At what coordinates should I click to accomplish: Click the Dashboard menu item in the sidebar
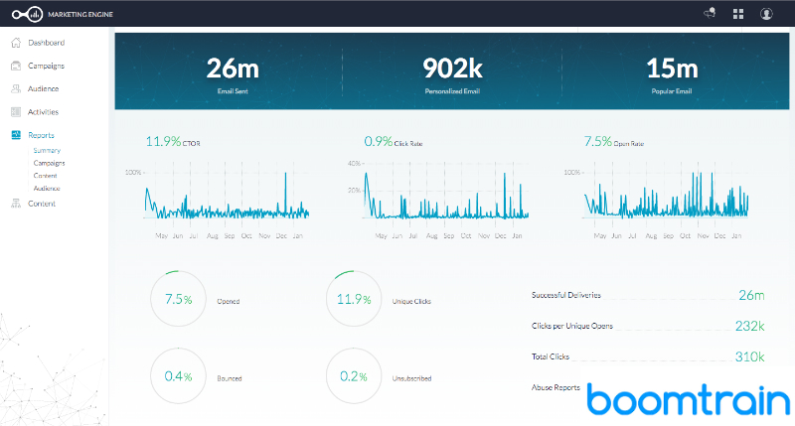click(x=46, y=43)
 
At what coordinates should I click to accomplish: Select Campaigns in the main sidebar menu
click(x=46, y=66)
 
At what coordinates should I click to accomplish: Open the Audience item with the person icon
click(x=44, y=88)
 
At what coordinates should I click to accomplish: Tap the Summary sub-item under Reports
click(x=47, y=150)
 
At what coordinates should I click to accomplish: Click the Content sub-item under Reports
click(x=46, y=175)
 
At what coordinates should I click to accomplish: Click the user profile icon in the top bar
click(x=766, y=13)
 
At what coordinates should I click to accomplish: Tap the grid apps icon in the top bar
click(x=738, y=13)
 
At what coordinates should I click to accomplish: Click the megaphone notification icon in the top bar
click(x=710, y=13)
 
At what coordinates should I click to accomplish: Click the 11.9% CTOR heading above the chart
click(x=165, y=142)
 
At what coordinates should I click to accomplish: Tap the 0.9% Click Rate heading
click(x=378, y=142)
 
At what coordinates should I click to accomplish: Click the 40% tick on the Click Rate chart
click(x=353, y=163)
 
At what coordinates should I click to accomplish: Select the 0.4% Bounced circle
click(x=179, y=377)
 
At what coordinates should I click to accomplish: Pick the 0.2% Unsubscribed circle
click(x=354, y=377)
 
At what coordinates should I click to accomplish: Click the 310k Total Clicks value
click(x=750, y=355)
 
